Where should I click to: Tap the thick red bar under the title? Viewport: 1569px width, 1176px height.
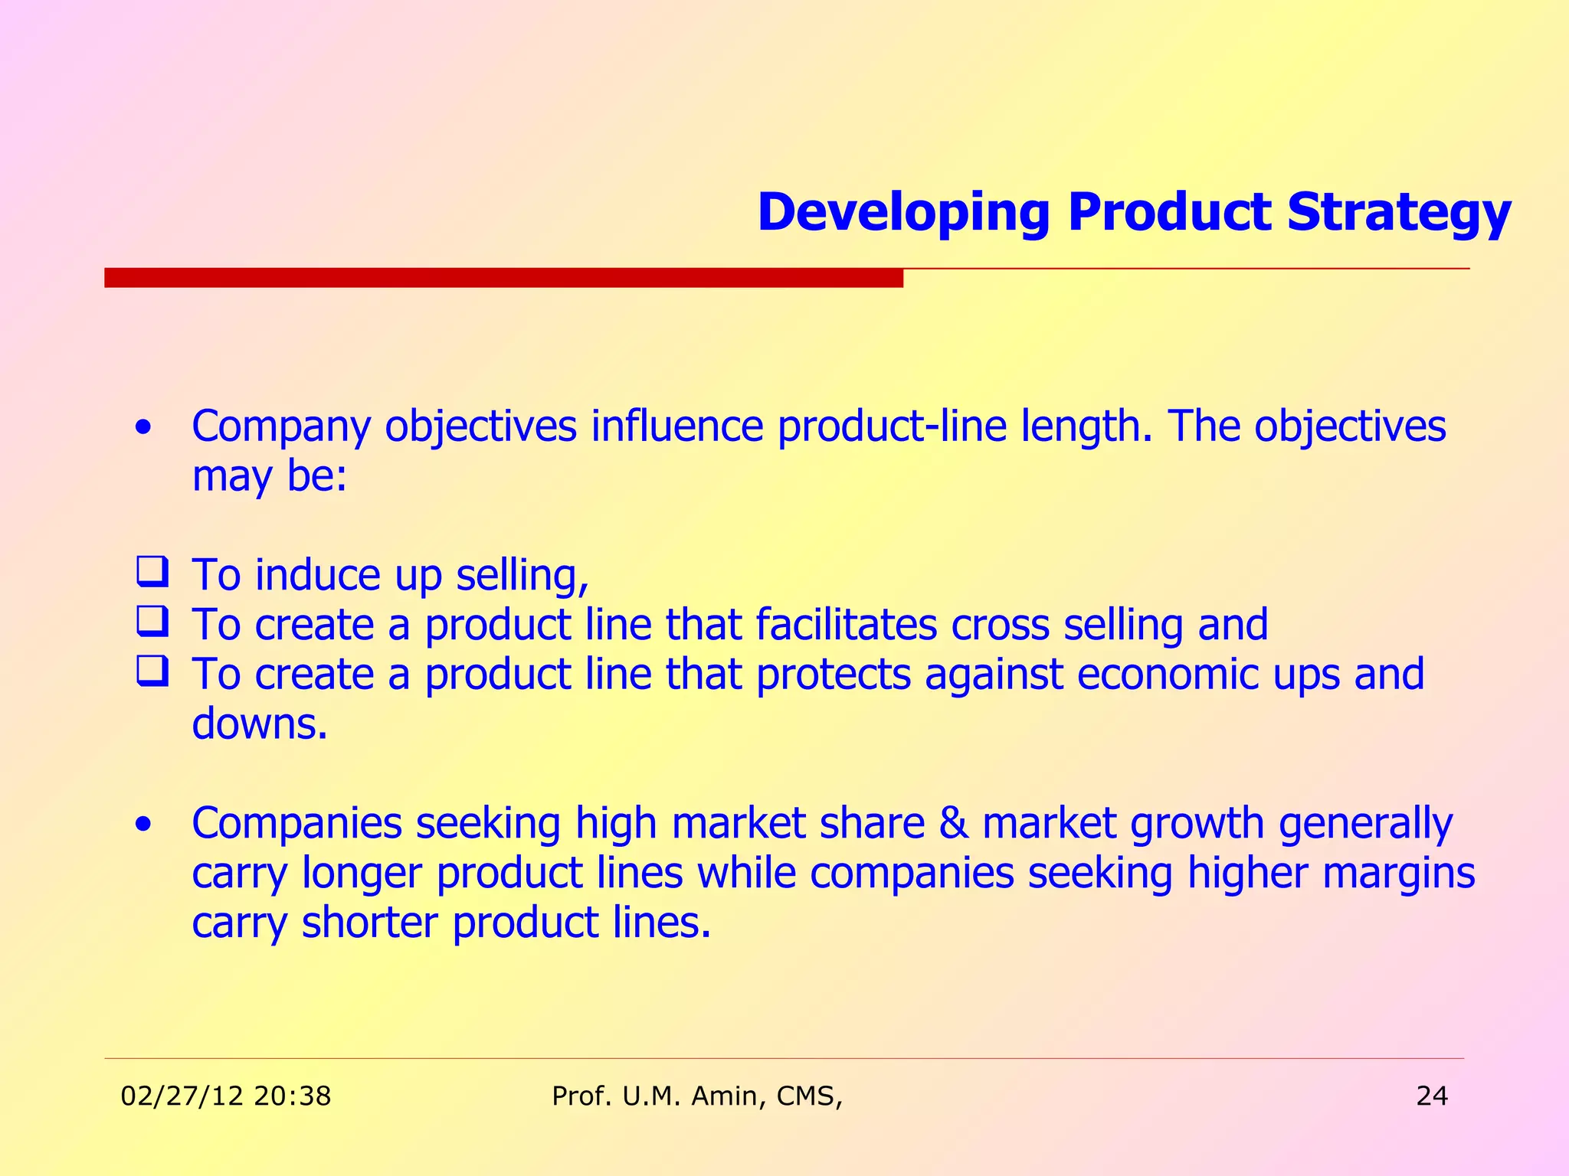pos(503,277)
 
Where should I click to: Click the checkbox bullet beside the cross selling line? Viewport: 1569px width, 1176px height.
pos(152,622)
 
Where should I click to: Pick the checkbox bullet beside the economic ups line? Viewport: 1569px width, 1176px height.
pos(152,671)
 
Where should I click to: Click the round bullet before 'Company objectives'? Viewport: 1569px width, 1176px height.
pos(142,427)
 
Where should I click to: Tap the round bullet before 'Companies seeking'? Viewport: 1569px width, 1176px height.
pos(142,825)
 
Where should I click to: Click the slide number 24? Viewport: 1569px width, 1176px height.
pos(1431,1096)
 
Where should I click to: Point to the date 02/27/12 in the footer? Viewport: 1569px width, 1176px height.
pos(182,1096)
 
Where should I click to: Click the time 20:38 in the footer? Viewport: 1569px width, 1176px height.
pos(292,1096)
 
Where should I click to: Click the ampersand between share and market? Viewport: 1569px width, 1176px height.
pos(953,824)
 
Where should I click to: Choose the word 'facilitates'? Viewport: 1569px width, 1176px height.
pos(846,624)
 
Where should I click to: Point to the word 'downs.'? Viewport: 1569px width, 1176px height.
pos(260,724)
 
